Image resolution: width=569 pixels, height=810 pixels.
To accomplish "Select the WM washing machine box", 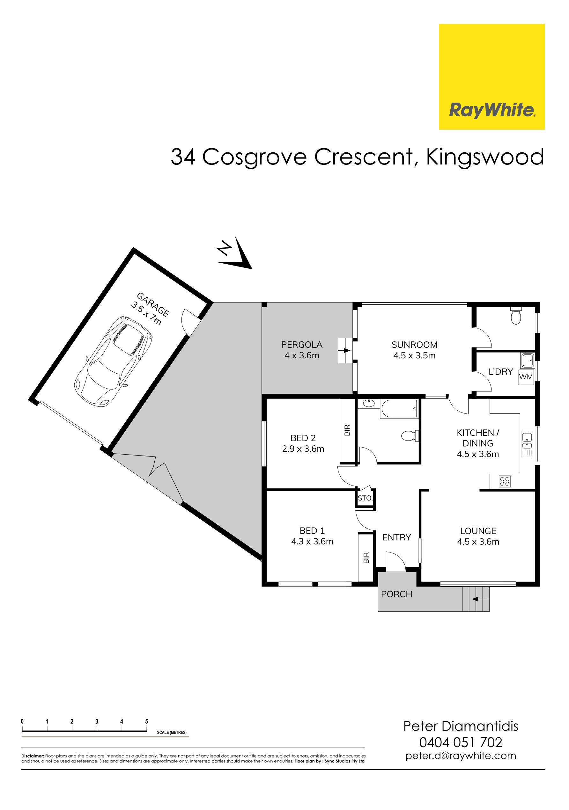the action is point(526,377).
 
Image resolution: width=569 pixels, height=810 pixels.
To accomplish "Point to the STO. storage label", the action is point(365,498).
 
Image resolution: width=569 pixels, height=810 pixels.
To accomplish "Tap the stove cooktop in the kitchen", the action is point(505,481).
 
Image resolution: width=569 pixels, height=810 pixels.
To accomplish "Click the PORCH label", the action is point(396,594).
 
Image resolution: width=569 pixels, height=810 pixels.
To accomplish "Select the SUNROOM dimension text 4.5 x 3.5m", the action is point(414,355).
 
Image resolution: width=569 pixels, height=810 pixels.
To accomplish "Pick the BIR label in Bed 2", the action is point(347,430).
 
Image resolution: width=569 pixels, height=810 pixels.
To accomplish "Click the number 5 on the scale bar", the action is point(146,721).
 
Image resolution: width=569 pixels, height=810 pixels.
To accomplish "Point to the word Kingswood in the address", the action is point(485,157).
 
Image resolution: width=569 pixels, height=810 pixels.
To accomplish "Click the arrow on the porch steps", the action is point(475,599).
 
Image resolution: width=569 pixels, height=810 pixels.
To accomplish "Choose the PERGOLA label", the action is point(302,344).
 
